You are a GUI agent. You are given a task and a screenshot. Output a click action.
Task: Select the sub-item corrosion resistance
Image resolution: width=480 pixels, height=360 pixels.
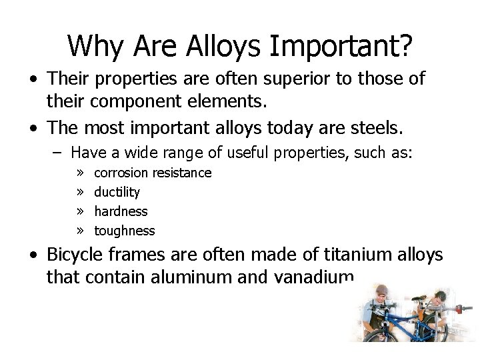[153, 173]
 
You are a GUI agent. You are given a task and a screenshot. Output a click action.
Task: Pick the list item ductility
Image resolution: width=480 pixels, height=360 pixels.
[117, 192]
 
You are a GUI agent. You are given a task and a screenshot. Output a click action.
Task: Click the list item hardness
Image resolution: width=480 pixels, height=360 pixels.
[121, 211]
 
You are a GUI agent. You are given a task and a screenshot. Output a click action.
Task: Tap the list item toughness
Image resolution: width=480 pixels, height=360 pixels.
[124, 231]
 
